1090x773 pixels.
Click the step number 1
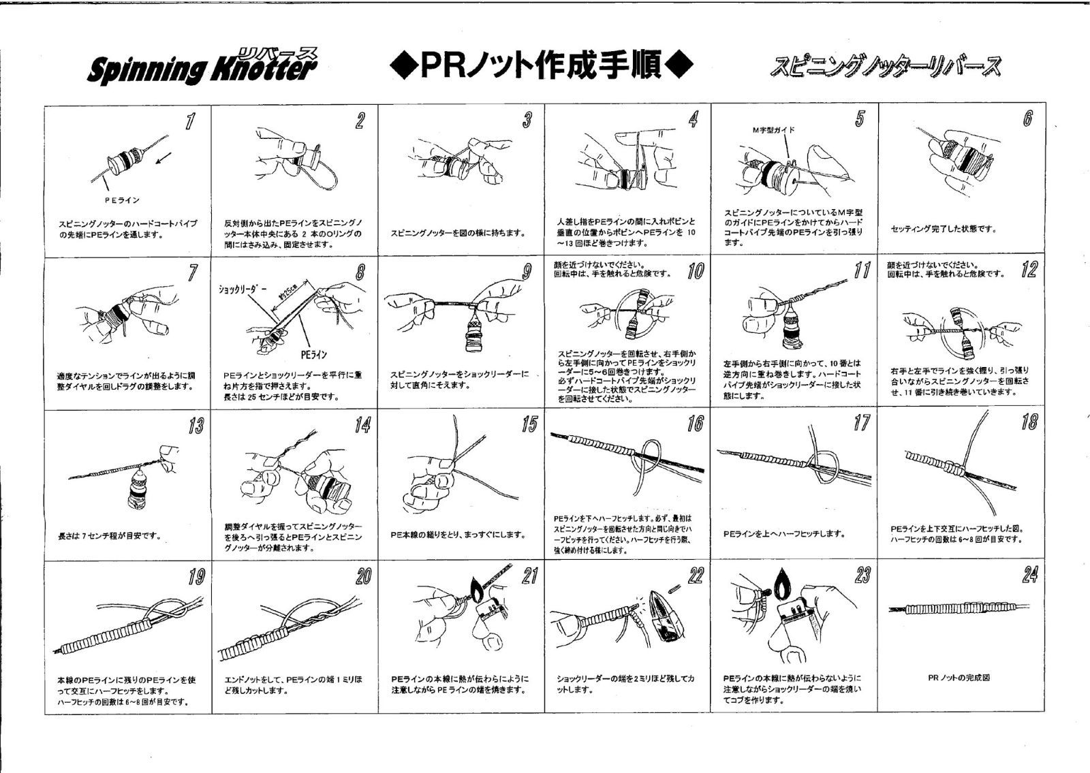click(x=191, y=121)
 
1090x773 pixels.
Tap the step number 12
click(x=1029, y=270)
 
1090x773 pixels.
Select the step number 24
click(x=1029, y=575)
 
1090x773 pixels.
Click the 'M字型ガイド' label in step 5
click(x=773, y=129)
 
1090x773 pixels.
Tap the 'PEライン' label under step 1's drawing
click(x=122, y=200)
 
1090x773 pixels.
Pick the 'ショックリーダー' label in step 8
click(x=242, y=289)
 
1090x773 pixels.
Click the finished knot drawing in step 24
click(x=961, y=607)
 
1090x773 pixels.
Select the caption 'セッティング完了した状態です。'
click(x=944, y=230)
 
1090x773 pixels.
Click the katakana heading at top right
click(x=886, y=67)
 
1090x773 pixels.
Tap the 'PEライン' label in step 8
click(x=313, y=354)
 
